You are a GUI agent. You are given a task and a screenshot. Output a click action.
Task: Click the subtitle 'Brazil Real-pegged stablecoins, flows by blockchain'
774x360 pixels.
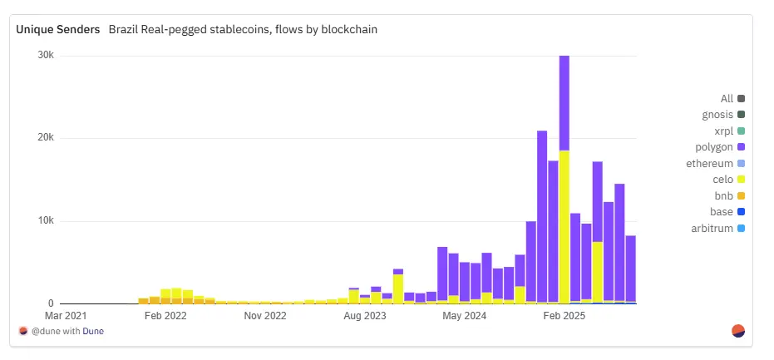point(243,30)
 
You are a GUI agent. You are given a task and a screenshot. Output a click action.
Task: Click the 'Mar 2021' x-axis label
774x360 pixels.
point(65,316)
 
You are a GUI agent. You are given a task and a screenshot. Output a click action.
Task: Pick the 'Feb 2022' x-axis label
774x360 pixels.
point(165,316)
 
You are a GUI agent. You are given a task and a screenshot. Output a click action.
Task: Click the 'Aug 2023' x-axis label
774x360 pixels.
point(365,316)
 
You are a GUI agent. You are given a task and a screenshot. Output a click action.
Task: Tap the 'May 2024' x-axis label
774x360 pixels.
point(464,316)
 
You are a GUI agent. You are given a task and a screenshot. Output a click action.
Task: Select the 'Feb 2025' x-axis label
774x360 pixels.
point(564,316)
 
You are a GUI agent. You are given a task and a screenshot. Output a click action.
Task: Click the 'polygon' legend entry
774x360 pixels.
point(720,147)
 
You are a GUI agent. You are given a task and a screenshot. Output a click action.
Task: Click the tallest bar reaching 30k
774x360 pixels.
point(564,100)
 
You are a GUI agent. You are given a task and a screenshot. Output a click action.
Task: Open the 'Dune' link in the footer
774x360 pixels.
point(93,331)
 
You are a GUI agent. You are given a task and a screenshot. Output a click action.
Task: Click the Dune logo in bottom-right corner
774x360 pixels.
point(737,331)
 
